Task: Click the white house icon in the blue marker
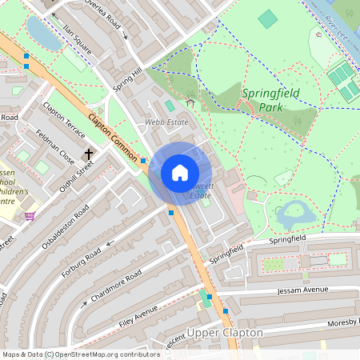(x=180, y=173)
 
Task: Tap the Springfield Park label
(x=270, y=99)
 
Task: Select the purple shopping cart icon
(x=30, y=215)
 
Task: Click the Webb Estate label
(x=166, y=122)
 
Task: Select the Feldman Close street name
(x=55, y=147)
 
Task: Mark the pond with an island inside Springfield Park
(x=294, y=213)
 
